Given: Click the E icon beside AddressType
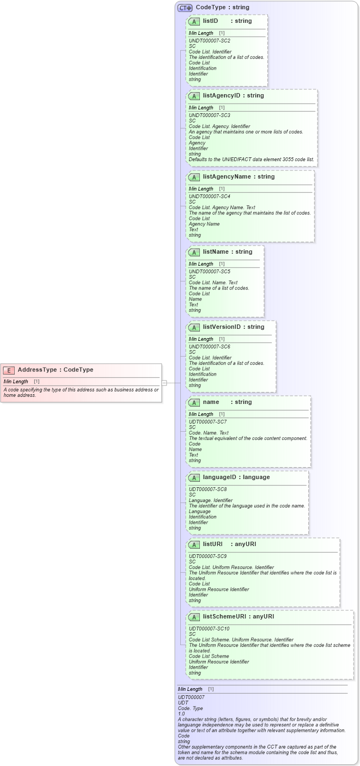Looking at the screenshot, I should coord(9,370).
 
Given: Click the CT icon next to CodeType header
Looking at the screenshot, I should coord(185,8).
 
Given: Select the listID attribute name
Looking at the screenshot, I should coord(210,21).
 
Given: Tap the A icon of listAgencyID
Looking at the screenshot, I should coord(194,96).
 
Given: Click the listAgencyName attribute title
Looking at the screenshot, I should coord(239,177).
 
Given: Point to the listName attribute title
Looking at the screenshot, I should coord(227,252).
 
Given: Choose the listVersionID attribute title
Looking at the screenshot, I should coord(233,327).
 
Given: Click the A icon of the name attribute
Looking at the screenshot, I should coord(194,403).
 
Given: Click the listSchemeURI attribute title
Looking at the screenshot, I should coord(238,617).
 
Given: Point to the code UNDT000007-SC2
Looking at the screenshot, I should coord(209,41).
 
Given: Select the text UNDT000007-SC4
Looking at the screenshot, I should coord(209,196).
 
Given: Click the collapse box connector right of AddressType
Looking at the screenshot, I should coord(164,383).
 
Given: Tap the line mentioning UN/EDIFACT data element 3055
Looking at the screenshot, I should coord(251,160).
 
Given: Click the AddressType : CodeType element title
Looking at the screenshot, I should coord(55,370).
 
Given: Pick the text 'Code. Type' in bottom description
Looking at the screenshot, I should coord(190,708).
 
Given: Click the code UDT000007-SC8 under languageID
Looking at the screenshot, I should coord(208,489).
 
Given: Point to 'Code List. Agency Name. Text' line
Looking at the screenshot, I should coord(222,207).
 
